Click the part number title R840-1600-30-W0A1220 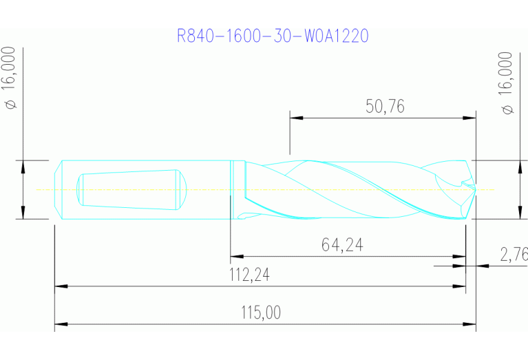273,36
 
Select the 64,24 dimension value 342,245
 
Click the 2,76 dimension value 514,255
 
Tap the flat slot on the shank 131,189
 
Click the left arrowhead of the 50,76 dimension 295,118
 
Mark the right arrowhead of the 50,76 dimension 470,118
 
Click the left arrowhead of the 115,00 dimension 61,323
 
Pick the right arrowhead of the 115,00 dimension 470,323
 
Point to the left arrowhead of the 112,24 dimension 61,285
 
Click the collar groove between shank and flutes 232,189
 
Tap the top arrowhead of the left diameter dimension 23,165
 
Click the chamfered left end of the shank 58,189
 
